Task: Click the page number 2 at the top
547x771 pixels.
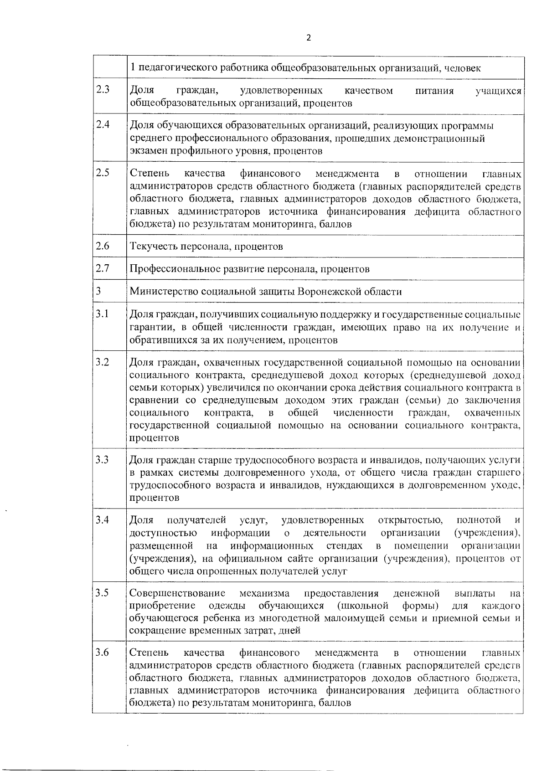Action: (x=309, y=38)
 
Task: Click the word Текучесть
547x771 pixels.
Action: (x=151, y=247)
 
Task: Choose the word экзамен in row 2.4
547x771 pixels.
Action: (x=147, y=151)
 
